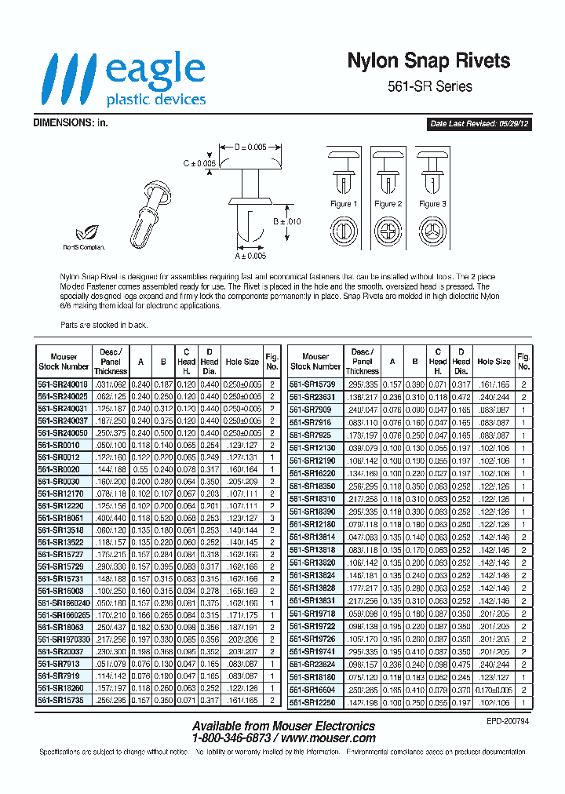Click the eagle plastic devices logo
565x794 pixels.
pos(126,79)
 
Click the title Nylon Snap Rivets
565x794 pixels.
pos(428,61)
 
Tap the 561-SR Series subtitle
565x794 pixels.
pos(430,86)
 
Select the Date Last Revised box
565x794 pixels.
pos(479,124)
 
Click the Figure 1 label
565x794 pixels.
pos(343,204)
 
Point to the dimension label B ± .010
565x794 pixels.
pos(287,222)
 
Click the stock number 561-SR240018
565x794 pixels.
pos(64,384)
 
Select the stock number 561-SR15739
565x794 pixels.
pos(315,384)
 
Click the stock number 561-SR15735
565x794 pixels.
pos(64,701)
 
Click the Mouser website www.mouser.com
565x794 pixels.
pos(326,738)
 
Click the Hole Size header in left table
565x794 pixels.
pos(242,362)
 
